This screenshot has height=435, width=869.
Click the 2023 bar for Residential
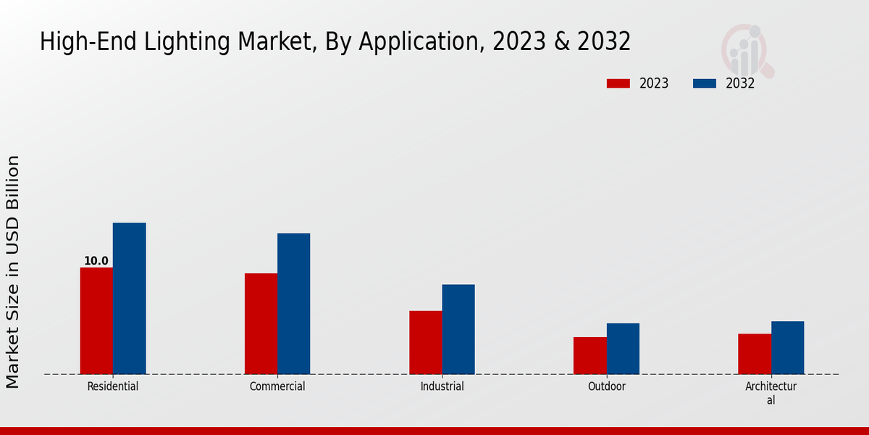96,321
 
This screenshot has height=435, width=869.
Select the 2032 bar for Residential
129,299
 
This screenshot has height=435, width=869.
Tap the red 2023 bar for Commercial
261,324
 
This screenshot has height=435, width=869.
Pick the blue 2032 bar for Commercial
293,304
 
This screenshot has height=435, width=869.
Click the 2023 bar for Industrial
425,343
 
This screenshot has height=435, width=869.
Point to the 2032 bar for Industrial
458,329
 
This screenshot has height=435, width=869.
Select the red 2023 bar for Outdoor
589,356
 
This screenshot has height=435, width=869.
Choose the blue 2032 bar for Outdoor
623,349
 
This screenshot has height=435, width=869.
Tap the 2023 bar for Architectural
755,354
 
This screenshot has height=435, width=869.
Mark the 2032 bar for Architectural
787,348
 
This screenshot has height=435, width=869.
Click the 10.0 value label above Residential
96,261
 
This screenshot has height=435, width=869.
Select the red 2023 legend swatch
618,83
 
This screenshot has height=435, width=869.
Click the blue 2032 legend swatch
705,83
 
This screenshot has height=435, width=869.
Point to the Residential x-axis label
113,386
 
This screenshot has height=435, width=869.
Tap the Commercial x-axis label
277,386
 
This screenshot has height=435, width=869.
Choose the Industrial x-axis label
442,386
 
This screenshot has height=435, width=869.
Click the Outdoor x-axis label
607,386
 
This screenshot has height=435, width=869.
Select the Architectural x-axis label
771,393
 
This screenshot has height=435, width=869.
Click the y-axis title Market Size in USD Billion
14,272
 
